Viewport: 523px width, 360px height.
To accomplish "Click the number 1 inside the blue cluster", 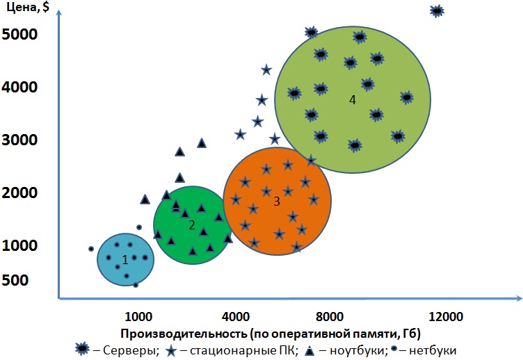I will point(125,259).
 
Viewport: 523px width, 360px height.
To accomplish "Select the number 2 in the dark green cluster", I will point(191,224).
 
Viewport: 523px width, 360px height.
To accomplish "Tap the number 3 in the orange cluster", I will point(276,202).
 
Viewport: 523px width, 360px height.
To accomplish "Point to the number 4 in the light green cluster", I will point(353,99).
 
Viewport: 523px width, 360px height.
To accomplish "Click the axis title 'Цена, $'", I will point(33,9).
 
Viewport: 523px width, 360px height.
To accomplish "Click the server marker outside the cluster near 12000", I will point(437,10).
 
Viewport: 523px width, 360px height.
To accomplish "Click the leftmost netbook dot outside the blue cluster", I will point(91,249).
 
